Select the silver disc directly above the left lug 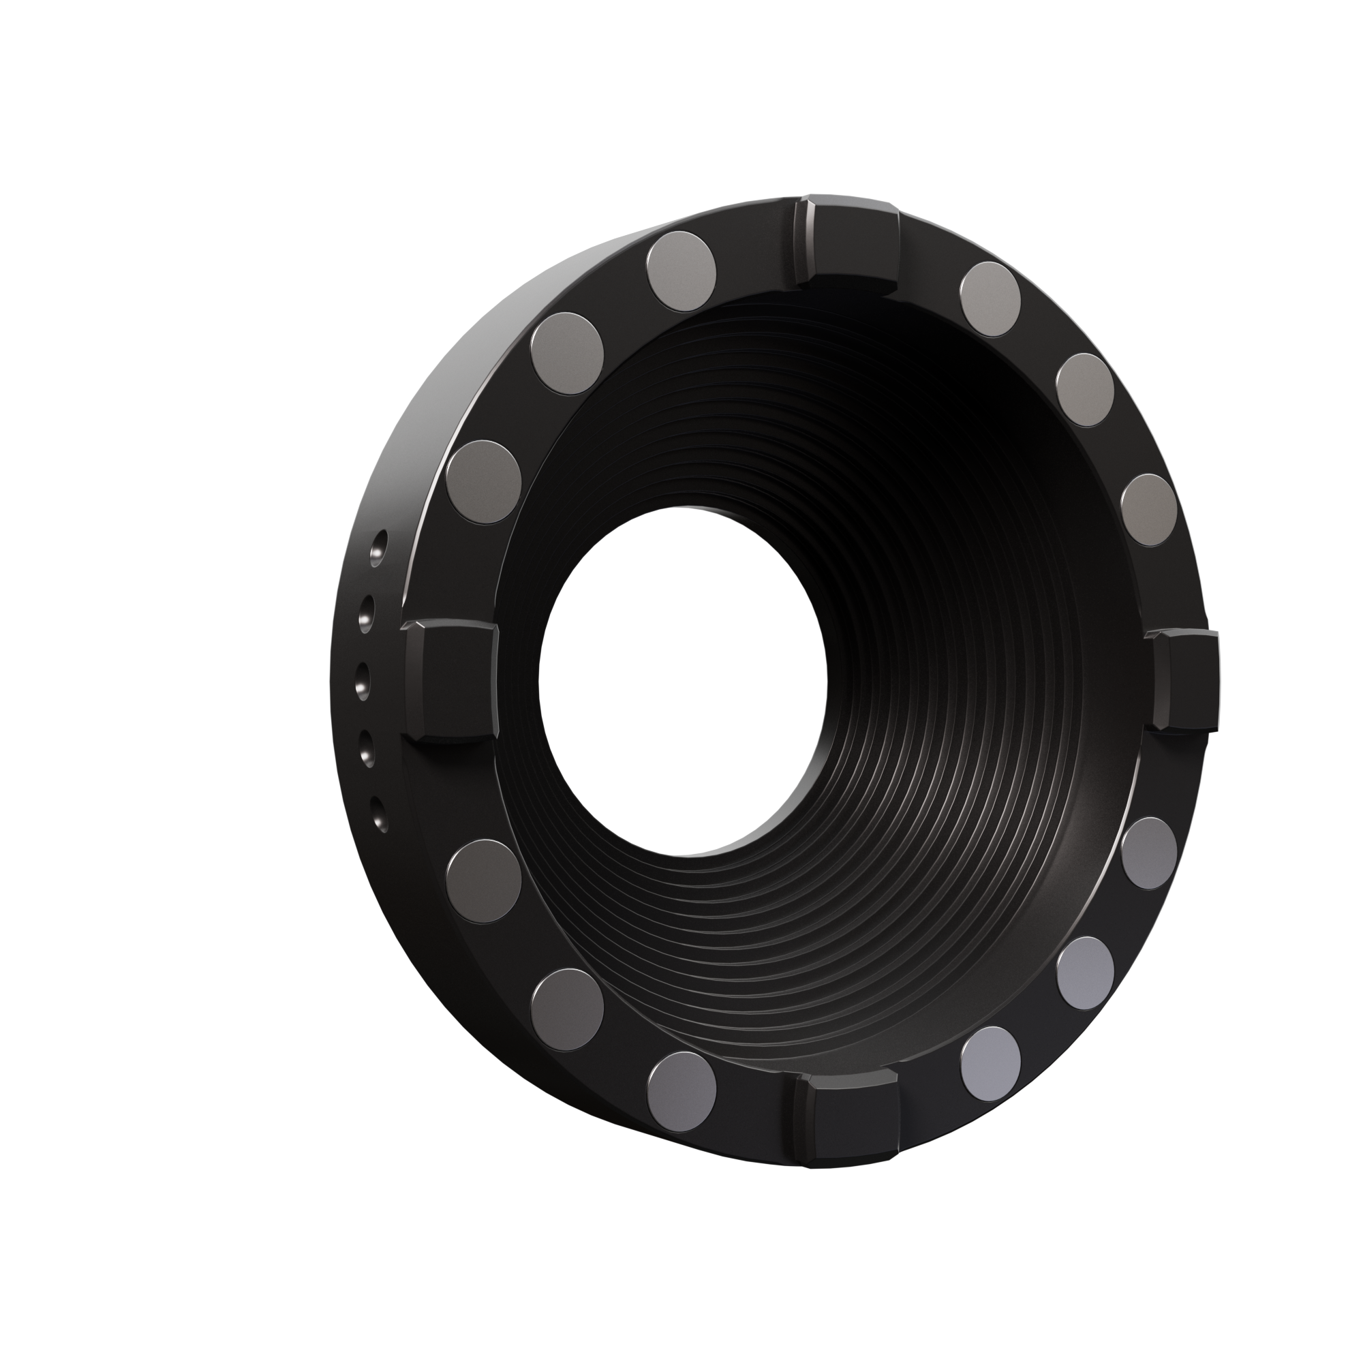point(484,482)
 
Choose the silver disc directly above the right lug point(1148,509)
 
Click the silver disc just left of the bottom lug point(681,1091)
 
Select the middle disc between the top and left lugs point(567,350)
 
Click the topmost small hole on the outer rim point(380,544)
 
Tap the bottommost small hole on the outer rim point(380,814)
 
